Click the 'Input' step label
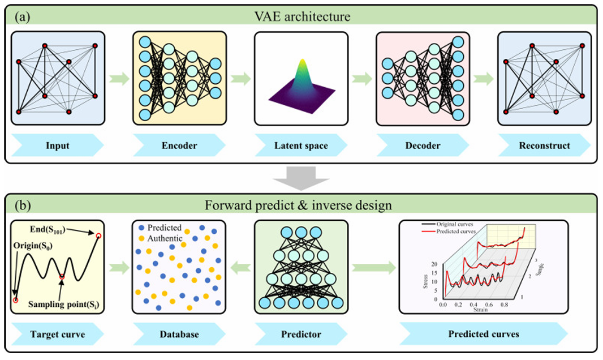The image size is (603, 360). (x=58, y=145)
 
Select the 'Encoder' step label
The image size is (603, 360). (x=179, y=145)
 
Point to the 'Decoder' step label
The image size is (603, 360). (x=421, y=145)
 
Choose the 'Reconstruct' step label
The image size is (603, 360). (x=544, y=145)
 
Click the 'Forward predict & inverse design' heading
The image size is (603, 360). (x=301, y=205)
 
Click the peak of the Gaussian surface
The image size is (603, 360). (x=301, y=61)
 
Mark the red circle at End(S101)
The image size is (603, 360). (x=100, y=235)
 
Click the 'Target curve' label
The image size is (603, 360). (x=57, y=334)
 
